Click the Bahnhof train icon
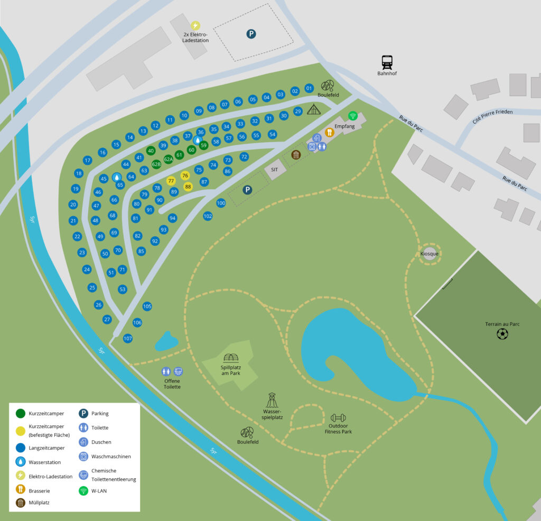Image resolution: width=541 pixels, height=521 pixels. coord(387,62)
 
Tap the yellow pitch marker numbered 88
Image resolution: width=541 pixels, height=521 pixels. coord(188,187)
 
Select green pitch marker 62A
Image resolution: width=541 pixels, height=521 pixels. coord(169,159)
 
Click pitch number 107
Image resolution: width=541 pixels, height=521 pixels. coord(127,338)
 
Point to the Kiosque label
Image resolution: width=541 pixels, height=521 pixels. coord(430,254)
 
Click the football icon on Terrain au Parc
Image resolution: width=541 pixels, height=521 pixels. coord(502,334)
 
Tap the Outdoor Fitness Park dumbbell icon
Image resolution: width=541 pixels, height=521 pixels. coord(338,417)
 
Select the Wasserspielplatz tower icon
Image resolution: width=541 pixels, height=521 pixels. coord(272,399)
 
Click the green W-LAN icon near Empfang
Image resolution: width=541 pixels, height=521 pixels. coord(352,116)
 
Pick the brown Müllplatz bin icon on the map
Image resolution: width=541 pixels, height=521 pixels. coord(296,155)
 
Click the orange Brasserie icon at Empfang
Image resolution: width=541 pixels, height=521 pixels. coord(330,133)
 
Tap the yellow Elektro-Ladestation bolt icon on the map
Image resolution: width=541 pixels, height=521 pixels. coord(195,25)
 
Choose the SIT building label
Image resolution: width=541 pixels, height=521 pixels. coord(274,170)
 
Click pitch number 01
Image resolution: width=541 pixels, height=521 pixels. coord(309,88)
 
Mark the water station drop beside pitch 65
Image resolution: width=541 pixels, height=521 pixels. coord(116,177)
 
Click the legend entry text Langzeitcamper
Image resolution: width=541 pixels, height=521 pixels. coord(47,448)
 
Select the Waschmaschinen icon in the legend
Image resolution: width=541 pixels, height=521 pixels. coord(83,456)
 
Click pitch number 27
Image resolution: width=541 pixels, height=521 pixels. coord(107,319)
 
